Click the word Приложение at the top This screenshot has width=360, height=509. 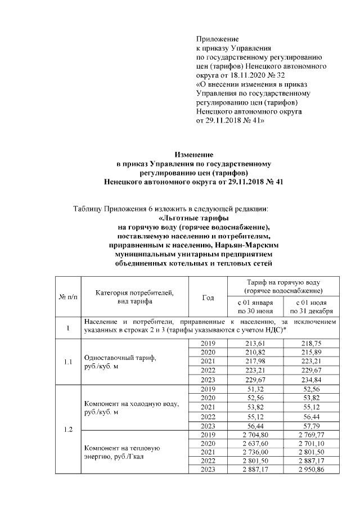coord(217,39)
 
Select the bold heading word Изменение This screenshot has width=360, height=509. coord(194,154)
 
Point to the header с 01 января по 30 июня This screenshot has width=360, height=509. coord(255,306)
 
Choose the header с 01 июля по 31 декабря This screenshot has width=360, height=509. coord(311,306)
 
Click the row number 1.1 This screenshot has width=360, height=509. coord(68,362)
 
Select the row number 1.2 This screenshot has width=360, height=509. coord(68,430)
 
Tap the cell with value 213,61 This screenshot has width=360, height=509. coord(255,344)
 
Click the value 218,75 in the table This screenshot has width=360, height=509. coord(311,344)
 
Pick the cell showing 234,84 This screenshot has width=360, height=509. coord(311,380)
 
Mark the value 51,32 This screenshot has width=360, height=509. coord(255,389)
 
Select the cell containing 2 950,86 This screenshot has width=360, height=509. coord(311,470)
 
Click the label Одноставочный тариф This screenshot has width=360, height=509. coord(120,358)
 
